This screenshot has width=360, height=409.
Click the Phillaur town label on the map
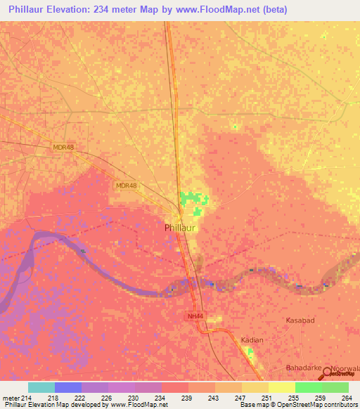(181, 228)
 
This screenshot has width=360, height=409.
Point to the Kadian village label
(252, 340)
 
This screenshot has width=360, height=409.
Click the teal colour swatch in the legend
(41, 387)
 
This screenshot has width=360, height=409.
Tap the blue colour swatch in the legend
(68, 387)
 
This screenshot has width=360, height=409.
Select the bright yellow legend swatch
(282, 387)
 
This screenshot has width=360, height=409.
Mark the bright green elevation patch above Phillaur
(189, 200)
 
